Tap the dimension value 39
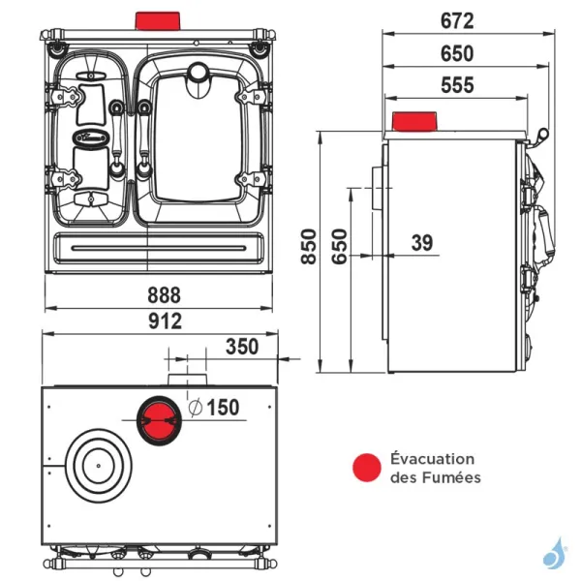coord(422,243)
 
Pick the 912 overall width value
coord(164,321)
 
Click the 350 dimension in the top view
coord(242,347)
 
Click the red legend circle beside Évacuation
coord(366,468)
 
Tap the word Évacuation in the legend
coord(433,459)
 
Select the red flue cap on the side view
coord(415,122)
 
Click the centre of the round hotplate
coord(99,466)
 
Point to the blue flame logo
coord(556,554)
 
